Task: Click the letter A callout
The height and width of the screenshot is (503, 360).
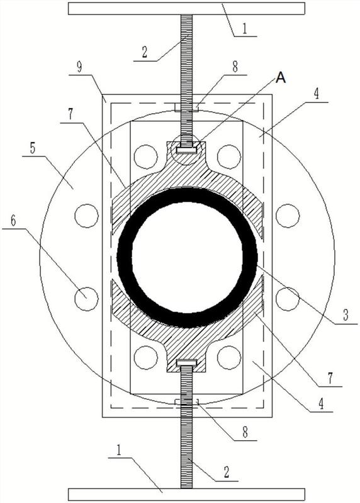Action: (x=281, y=77)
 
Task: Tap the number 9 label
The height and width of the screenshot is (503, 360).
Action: (x=79, y=67)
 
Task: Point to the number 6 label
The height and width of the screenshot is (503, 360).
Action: (x=13, y=221)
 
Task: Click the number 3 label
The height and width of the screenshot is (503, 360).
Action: (x=346, y=315)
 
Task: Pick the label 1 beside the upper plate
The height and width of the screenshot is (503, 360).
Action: (x=245, y=28)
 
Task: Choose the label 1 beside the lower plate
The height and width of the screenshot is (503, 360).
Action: (x=119, y=450)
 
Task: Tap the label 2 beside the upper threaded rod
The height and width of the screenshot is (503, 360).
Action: (x=145, y=52)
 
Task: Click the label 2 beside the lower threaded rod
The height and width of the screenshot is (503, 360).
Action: (x=226, y=472)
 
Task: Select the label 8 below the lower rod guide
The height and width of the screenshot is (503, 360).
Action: (x=245, y=432)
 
